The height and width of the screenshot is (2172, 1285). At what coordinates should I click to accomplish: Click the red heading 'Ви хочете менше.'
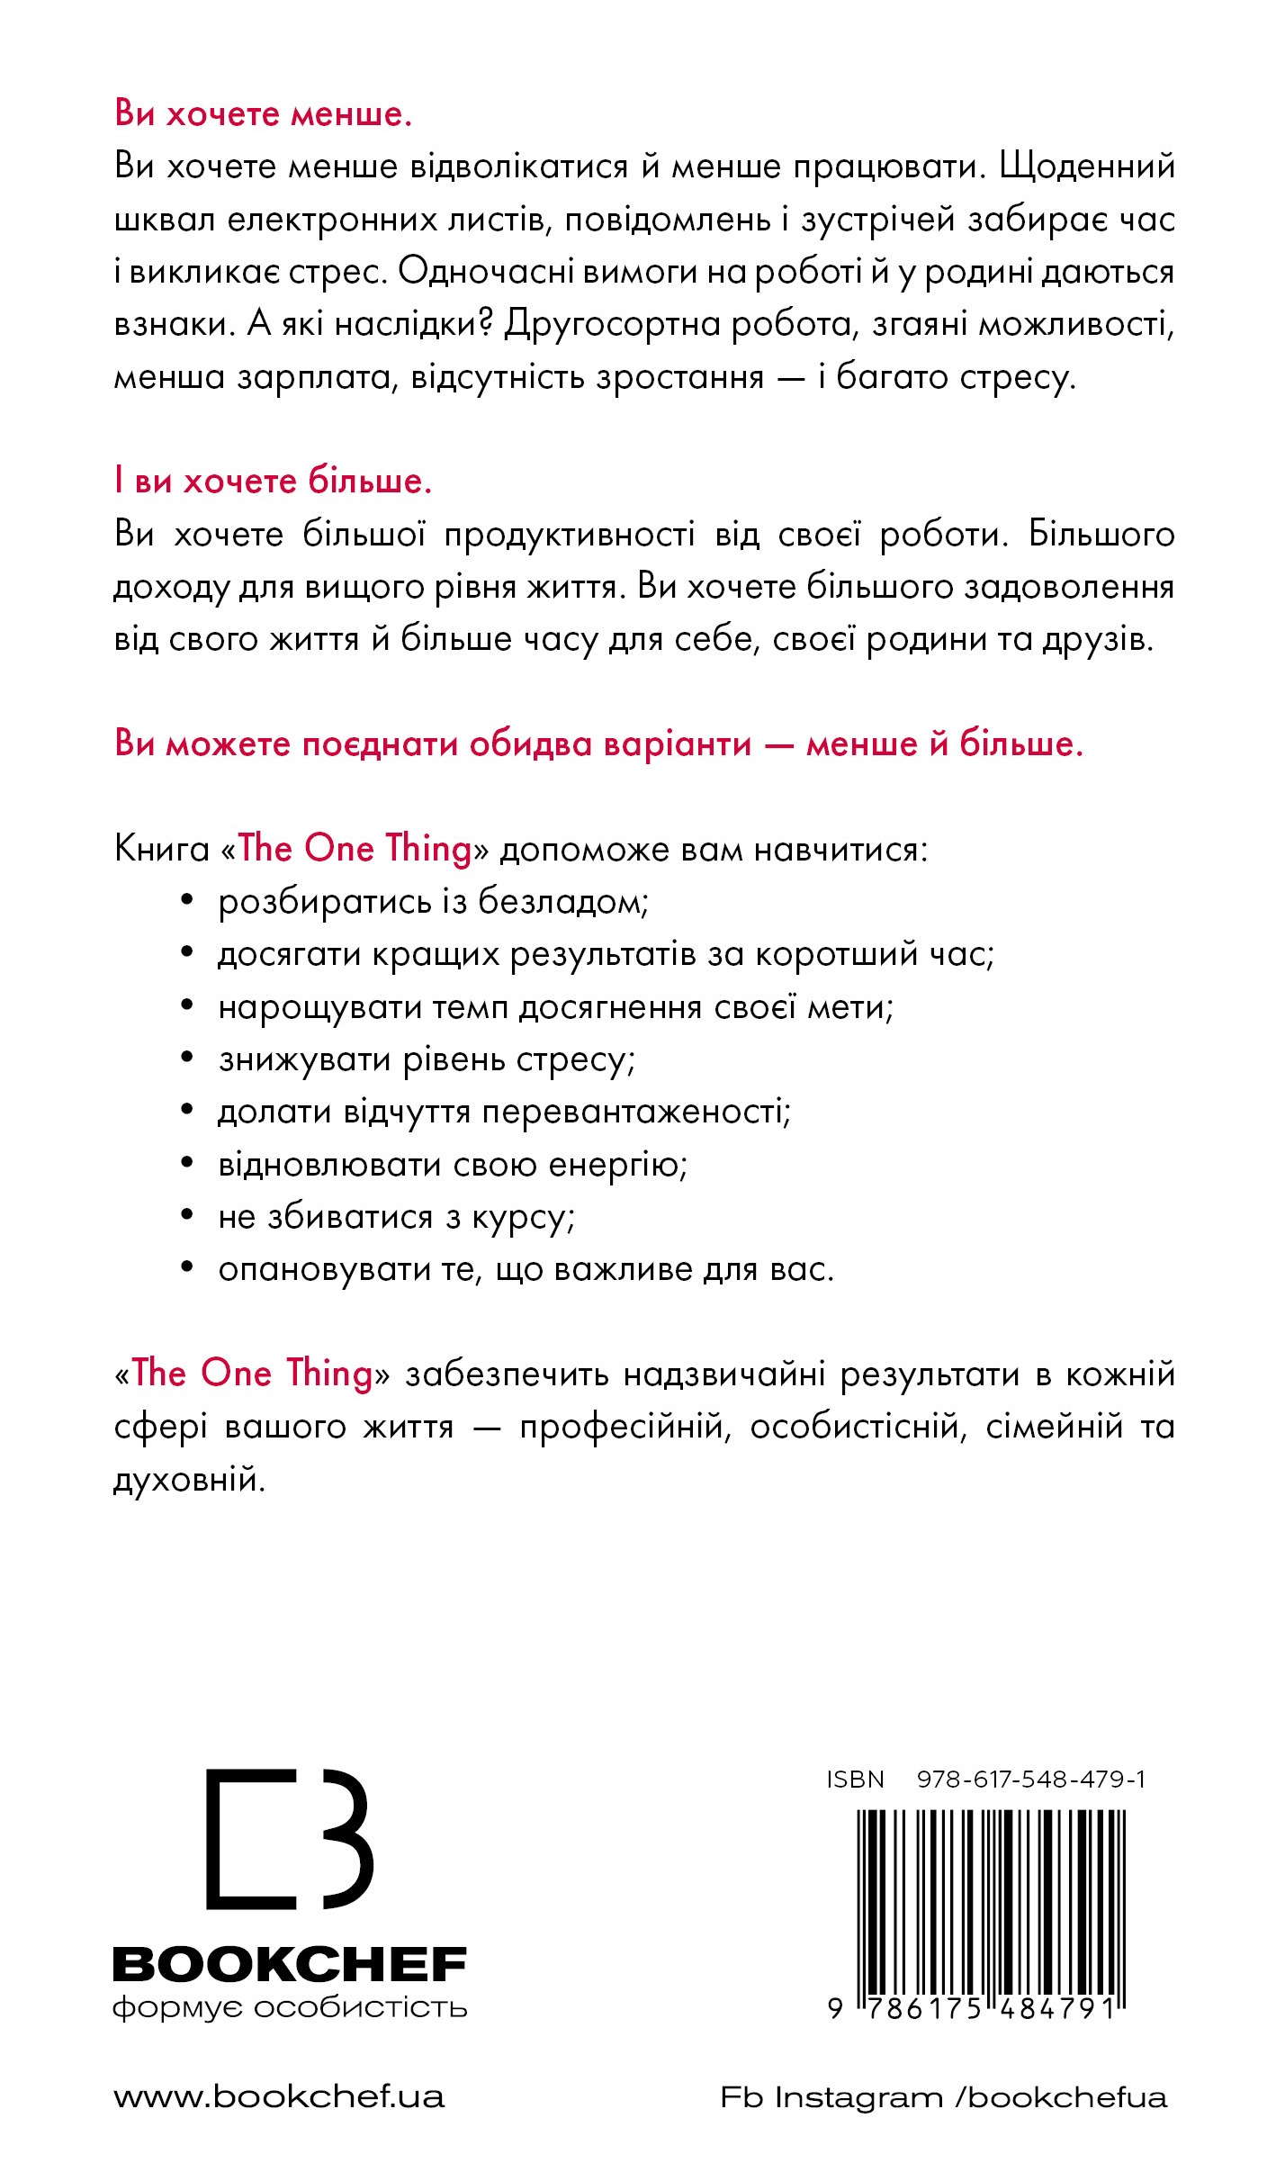(263, 114)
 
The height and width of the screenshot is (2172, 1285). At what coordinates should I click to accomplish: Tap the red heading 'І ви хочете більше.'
(273, 482)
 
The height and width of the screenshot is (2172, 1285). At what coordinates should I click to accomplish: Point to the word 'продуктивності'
(570, 535)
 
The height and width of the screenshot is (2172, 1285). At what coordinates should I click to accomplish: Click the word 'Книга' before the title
(162, 850)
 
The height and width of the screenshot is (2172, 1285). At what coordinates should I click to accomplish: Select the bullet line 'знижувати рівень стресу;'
(427, 1060)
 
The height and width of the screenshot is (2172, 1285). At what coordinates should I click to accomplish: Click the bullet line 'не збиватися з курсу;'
(396, 1218)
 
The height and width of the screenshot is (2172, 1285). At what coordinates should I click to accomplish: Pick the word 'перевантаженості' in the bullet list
(637, 1113)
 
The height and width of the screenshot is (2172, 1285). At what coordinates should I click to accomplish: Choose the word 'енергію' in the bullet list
(617, 1166)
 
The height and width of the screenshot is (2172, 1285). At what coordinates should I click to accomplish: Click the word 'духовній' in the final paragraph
(189, 1481)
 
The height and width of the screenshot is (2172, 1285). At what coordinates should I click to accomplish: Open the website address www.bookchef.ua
(279, 2097)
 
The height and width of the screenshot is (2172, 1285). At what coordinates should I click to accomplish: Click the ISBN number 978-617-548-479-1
(1030, 1780)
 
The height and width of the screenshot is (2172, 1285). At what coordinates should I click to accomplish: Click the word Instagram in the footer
(858, 2098)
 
